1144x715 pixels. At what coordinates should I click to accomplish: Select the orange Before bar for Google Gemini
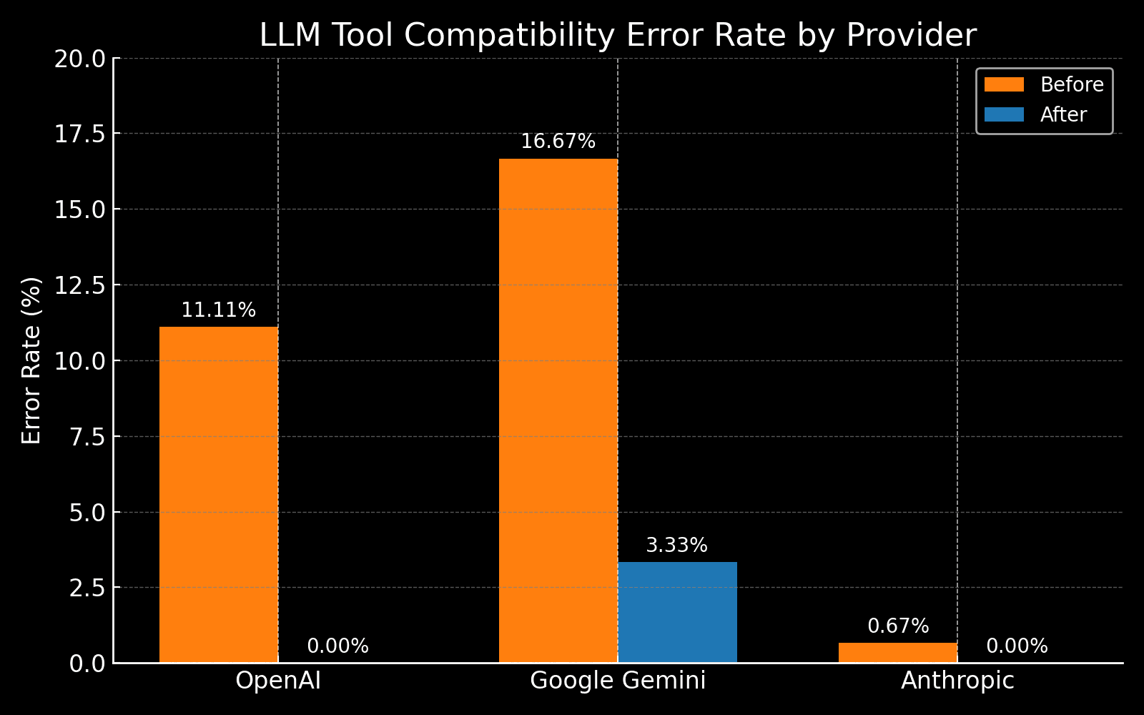point(558,410)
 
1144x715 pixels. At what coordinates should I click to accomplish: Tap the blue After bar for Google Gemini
point(677,613)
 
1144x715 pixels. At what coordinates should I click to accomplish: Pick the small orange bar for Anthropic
point(898,653)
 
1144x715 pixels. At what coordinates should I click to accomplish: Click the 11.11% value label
point(218,310)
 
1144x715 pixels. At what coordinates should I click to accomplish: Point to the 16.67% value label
point(558,142)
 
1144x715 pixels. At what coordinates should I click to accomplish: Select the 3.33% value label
point(676,546)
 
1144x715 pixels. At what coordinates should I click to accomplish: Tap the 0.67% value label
point(898,626)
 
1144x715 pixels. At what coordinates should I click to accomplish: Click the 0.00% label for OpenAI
point(337,646)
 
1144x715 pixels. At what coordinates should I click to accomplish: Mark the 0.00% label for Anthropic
point(1017,646)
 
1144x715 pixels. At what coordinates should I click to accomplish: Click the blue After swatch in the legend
point(1004,114)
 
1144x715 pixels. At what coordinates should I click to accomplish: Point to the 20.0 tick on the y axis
point(79,59)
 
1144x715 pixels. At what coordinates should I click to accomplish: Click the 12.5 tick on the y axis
point(79,285)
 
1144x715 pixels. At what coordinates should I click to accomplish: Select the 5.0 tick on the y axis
point(86,513)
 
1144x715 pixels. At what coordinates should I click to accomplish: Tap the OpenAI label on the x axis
point(278,681)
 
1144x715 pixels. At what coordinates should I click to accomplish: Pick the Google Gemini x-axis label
point(618,681)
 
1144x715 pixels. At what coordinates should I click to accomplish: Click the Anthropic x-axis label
point(957,681)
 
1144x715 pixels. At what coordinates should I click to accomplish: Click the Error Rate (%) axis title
point(31,360)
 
